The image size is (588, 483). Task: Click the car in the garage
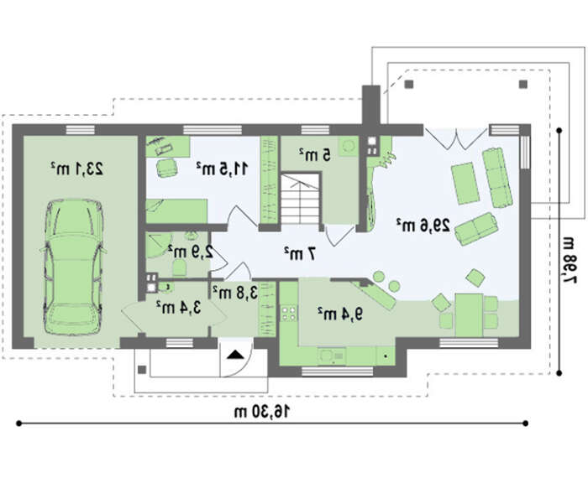pos(74,267)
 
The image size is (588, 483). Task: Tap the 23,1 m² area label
pos(77,169)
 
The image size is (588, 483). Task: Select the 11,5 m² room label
pos(222,169)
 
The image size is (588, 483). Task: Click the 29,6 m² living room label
pos(423,225)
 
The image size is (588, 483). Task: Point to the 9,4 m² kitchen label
pos(340,314)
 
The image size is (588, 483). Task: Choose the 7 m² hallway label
pos(300,254)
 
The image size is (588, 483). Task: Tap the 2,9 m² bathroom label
pos(191,252)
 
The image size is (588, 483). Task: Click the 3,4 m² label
pos(178,308)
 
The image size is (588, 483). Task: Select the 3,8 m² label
pos(235,293)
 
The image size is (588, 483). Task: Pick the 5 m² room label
pos(315,154)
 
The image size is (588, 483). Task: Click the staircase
pos(301,200)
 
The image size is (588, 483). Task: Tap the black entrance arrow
pos(235,355)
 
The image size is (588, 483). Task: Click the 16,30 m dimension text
pos(262,412)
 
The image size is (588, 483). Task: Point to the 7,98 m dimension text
pos(569,260)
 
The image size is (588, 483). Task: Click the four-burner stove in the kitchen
pos(288,314)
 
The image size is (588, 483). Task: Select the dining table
pos(469,315)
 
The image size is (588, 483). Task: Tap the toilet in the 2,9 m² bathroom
pos(180,267)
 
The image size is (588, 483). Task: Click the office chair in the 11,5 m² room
pos(166,168)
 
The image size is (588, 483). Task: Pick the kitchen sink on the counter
pos(332,356)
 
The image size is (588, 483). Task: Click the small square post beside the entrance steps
pos(142,370)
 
